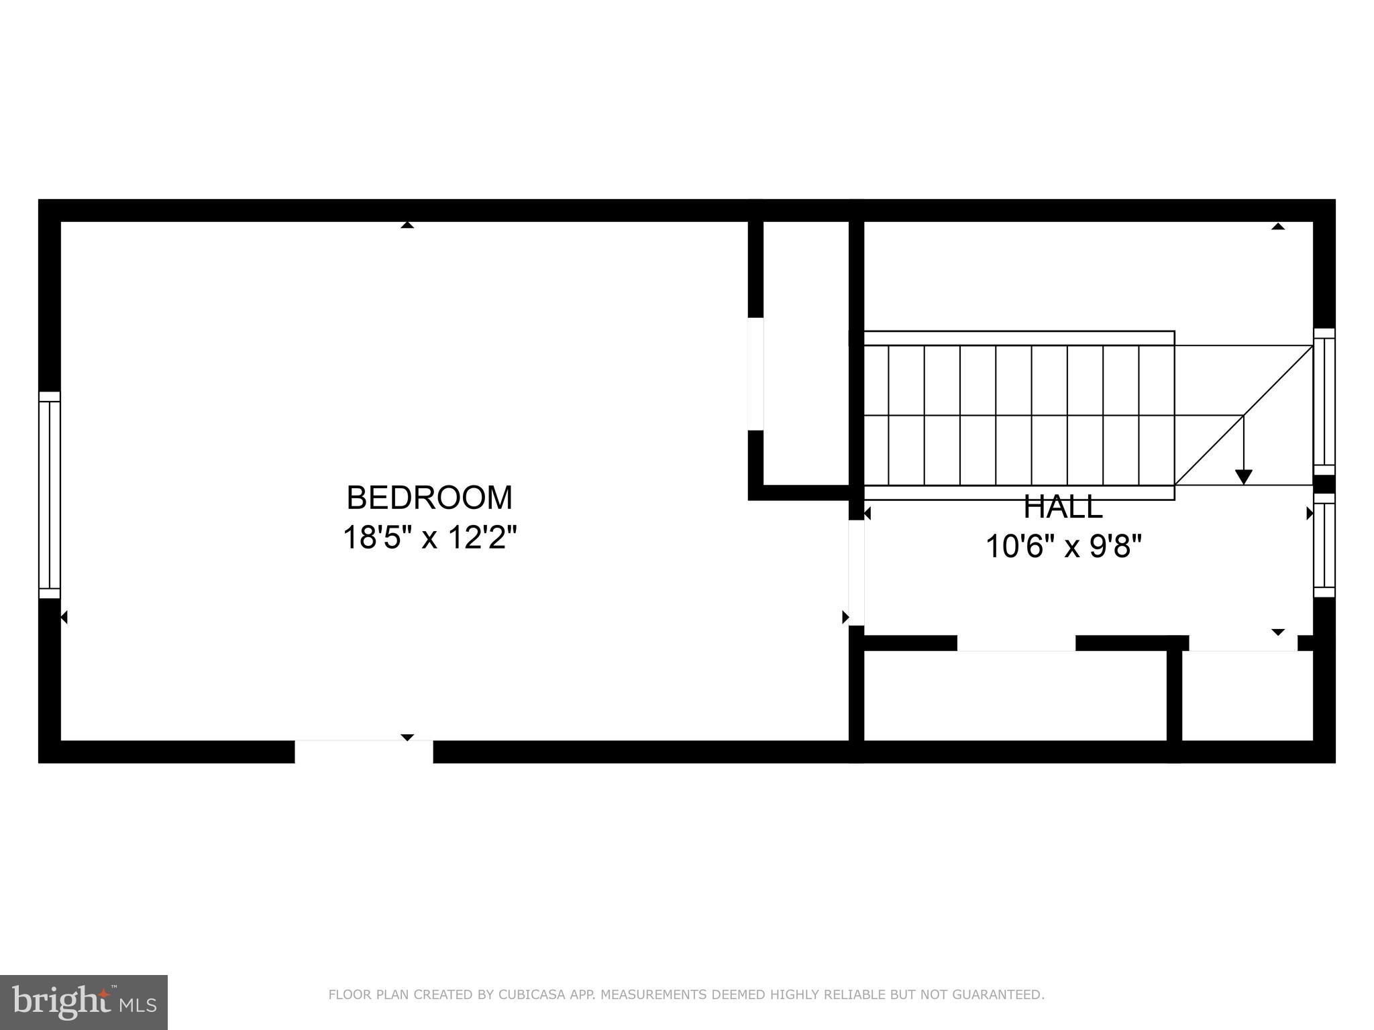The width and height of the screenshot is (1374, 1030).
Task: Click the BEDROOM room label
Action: click(429, 498)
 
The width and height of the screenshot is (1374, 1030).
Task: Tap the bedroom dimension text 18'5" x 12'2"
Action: click(429, 538)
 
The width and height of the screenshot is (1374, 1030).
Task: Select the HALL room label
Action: click(1063, 508)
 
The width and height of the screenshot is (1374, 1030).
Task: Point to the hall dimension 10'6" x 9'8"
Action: click(1063, 547)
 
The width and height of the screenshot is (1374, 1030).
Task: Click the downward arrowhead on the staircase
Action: click(1243, 477)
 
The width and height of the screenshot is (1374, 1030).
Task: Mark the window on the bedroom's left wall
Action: click(50, 495)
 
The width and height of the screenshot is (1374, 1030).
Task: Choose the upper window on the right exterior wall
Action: click(1324, 401)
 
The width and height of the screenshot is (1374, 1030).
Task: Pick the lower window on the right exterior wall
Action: click(1324, 545)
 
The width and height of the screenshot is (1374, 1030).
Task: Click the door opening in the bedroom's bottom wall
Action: click(364, 752)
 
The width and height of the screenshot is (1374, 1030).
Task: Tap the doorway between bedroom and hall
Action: click(856, 573)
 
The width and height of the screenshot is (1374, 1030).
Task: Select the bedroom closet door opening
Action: click(755, 374)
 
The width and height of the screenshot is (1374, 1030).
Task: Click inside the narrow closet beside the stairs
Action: click(806, 355)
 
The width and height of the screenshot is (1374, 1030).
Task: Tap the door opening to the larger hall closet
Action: click(1016, 643)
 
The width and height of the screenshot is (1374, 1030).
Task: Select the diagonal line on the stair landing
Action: click(1243, 416)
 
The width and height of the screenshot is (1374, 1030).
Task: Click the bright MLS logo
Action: click(84, 1002)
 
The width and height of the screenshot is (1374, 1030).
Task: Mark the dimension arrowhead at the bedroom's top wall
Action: click(407, 225)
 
